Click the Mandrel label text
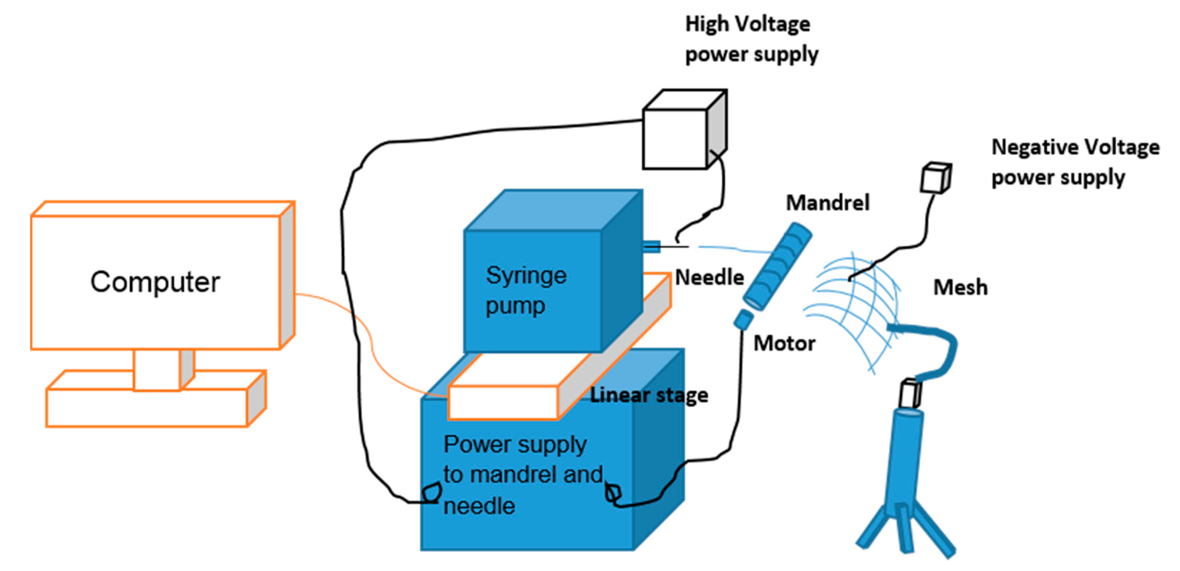tap(827, 203)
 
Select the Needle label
tap(709, 277)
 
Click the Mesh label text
tap(960, 288)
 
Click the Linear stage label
tap(649, 395)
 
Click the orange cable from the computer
tap(362, 330)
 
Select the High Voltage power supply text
tap(751, 39)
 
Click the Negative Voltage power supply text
tap(1074, 162)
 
